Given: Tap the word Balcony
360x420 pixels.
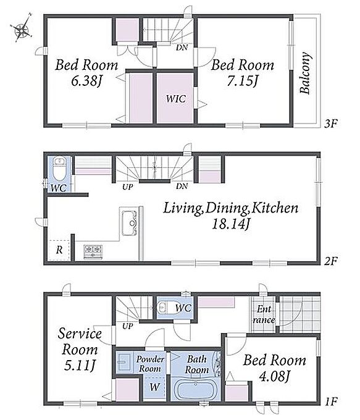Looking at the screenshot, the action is coord(306,73).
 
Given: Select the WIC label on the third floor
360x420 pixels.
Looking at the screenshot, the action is coord(176,99).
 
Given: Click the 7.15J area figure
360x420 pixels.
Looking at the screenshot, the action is coord(243,81).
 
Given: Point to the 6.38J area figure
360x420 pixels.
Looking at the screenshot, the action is coord(86,81).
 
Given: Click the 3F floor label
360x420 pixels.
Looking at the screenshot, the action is coord(330,124).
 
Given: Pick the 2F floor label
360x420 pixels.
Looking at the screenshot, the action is coord(331,261).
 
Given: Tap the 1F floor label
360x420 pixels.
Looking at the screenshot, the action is coord(330,401).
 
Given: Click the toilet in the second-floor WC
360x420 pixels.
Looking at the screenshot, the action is coord(59,170).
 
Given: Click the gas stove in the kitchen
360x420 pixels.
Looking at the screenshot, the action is coord(93,252).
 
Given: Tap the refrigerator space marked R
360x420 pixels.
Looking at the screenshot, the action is coord(59,250).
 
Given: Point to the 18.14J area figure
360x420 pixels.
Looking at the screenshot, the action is coord(231,224).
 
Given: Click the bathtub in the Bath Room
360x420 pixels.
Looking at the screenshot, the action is coord(196,390).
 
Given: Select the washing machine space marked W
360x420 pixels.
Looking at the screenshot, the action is coord(154,387).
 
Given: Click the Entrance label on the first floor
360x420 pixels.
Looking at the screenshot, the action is coord(264,315).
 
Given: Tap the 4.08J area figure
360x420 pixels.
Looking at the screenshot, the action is coord(274,377).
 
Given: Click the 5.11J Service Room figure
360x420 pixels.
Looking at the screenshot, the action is coord(79,365).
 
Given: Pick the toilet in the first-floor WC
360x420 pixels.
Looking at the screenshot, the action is coord(164,308).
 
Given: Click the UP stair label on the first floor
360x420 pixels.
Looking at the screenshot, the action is coord(127,327).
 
